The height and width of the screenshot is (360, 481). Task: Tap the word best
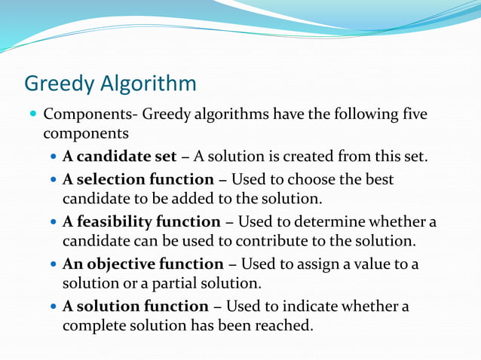(378, 179)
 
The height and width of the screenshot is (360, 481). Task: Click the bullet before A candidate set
(52, 157)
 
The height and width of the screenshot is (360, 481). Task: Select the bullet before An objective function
(52, 265)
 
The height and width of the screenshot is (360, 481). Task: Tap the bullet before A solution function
(52, 307)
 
